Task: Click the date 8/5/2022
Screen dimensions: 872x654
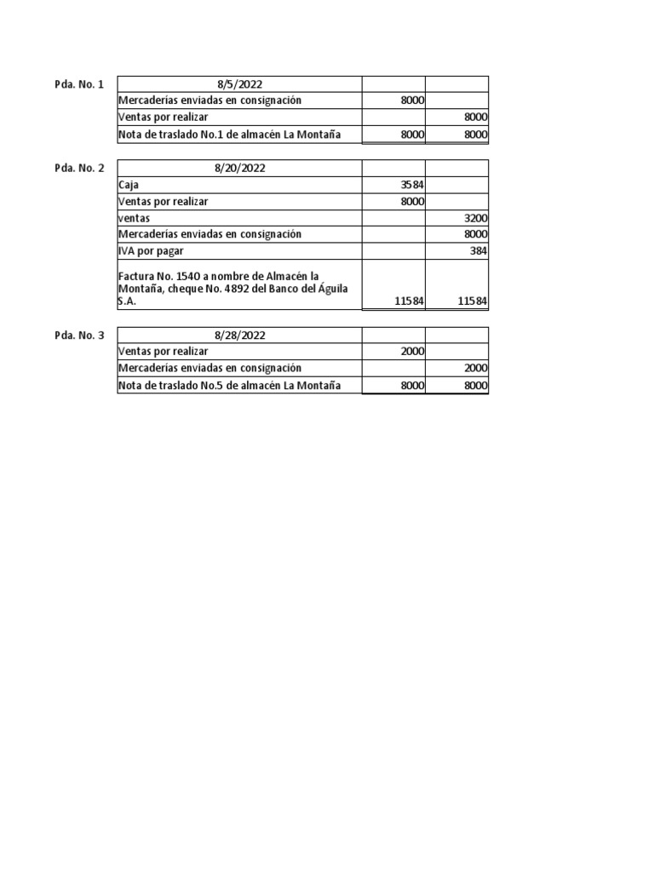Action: (x=239, y=83)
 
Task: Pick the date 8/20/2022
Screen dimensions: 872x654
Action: (x=239, y=168)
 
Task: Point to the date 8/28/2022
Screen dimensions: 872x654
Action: (x=239, y=336)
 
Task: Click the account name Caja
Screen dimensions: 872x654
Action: (x=128, y=185)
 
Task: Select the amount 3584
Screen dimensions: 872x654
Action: (x=412, y=185)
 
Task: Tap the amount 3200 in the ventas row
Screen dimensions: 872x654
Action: (x=475, y=218)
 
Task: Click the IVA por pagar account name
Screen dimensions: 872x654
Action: (x=151, y=251)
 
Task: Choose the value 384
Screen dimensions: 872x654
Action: (x=479, y=251)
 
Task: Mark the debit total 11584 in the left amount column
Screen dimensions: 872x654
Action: (x=410, y=301)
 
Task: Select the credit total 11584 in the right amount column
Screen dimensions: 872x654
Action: (x=473, y=301)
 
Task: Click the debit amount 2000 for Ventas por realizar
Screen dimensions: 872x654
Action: (x=412, y=352)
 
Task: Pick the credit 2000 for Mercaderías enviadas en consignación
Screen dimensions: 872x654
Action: (x=475, y=368)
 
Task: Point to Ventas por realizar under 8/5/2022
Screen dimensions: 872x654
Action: (x=163, y=117)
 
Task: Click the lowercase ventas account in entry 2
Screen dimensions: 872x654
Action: (x=134, y=218)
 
